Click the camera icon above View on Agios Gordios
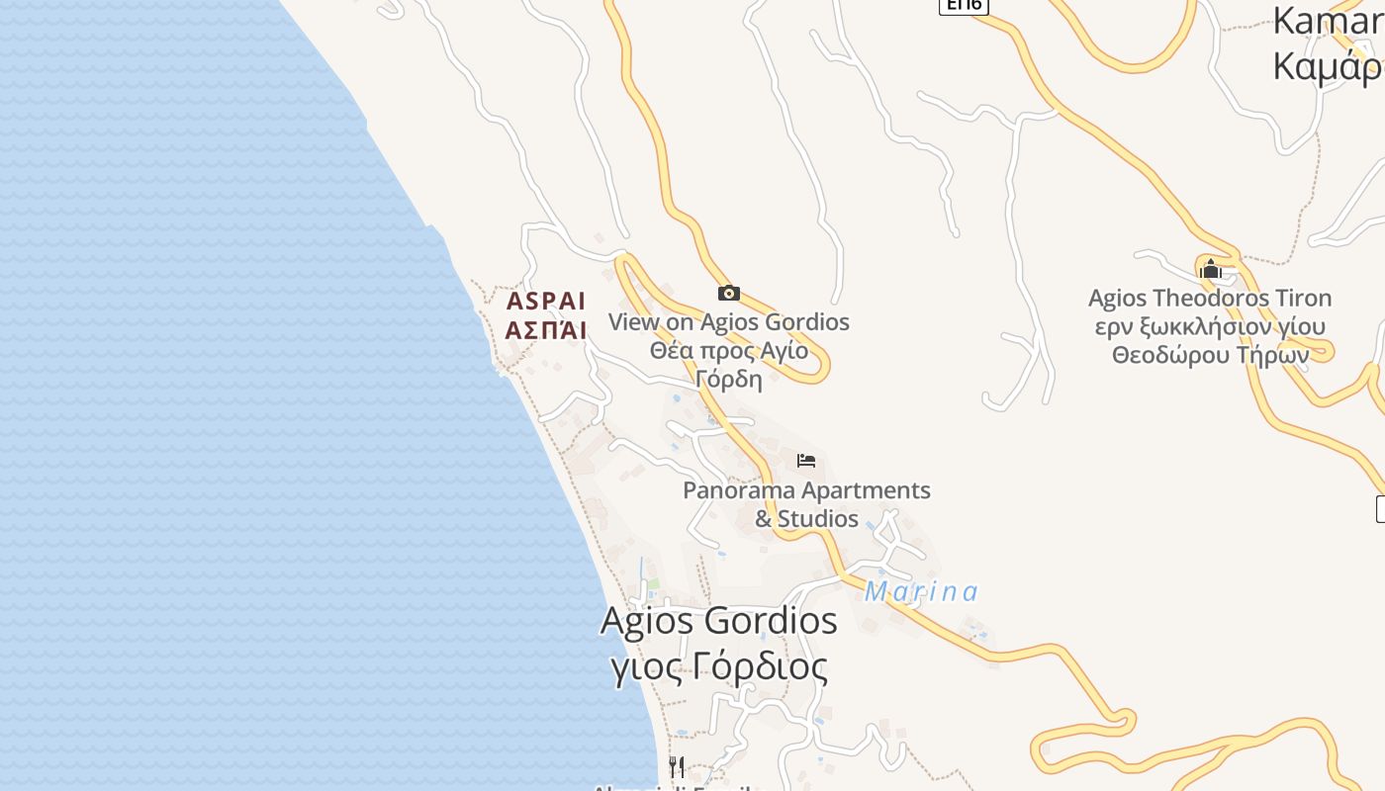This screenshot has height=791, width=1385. point(729,293)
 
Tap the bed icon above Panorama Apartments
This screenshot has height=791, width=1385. point(806,461)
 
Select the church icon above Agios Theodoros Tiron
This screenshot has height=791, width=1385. point(1210,269)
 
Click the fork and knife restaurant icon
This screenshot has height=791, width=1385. point(677,766)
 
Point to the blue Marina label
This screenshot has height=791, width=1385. point(921,592)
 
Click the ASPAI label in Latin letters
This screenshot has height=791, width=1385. point(546,301)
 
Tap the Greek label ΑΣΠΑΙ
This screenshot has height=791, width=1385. point(546,330)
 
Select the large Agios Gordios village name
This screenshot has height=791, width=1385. point(719,621)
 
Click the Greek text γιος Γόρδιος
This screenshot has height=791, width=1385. point(719,667)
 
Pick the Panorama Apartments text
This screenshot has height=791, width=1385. point(806,490)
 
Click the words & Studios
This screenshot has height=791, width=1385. point(806,519)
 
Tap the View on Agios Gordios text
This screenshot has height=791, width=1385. point(729,322)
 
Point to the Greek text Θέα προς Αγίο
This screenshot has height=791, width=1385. point(729,351)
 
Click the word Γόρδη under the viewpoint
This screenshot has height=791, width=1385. point(729,379)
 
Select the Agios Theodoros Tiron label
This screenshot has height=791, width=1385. point(1210,298)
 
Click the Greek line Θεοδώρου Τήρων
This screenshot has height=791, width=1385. point(1210,355)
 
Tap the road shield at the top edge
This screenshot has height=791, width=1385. point(964,5)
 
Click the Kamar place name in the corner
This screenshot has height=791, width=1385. point(1327,21)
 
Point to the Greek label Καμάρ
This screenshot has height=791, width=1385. point(1327,66)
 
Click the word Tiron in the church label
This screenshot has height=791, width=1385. point(1300,298)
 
